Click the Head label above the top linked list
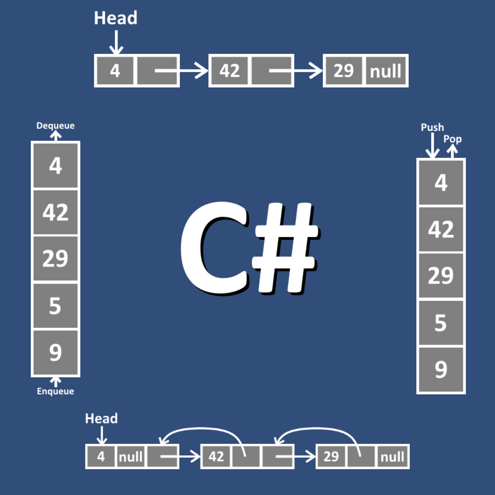pyautogui.click(x=115, y=18)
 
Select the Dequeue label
pyautogui.click(x=55, y=125)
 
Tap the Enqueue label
pyautogui.click(x=55, y=391)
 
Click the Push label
pyautogui.click(x=432, y=127)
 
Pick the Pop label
pyautogui.click(x=453, y=139)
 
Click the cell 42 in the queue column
pyautogui.click(x=55, y=212)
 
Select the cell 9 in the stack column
pyautogui.click(x=441, y=369)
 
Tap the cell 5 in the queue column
pyautogui.click(x=55, y=306)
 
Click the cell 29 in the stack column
pyautogui.click(x=441, y=275)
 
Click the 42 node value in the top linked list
pyautogui.click(x=229, y=71)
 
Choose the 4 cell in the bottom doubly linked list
pyautogui.click(x=101, y=457)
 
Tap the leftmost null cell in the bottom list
pyautogui.click(x=131, y=457)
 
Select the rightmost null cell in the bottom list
pyautogui.click(x=392, y=457)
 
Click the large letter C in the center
pyautogui.click(x=214, y=247)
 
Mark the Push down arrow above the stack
pyautogui.click(x=432, y=146)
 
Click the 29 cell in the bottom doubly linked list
pyautogui.click(x=331, y=457)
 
